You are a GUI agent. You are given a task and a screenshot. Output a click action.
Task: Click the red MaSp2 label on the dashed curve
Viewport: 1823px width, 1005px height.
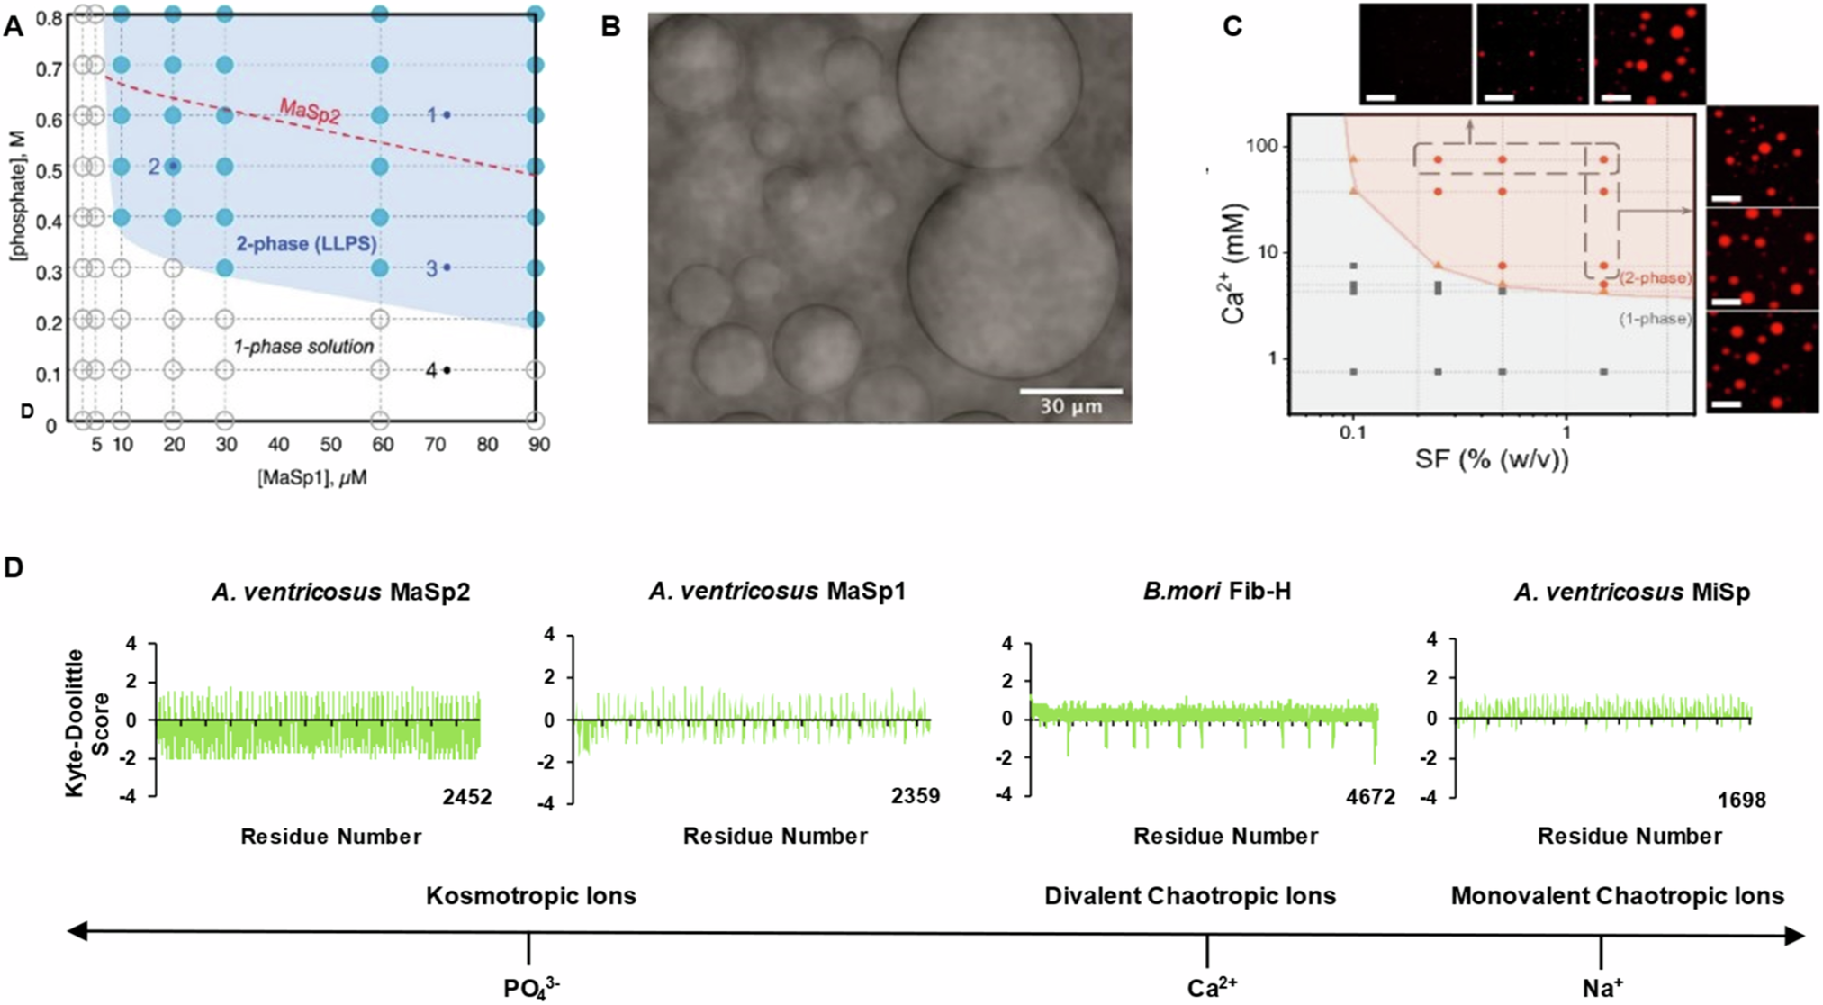point(310,113)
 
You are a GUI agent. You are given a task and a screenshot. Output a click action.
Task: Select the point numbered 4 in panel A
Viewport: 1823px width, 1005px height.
point(446,370)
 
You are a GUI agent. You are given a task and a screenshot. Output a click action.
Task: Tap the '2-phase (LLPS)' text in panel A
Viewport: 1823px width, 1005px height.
point(306,244)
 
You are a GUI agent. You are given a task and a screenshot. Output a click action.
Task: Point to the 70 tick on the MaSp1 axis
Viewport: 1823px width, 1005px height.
point(435,445)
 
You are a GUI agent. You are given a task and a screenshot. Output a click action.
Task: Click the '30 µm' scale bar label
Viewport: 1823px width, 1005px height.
point(1070,406)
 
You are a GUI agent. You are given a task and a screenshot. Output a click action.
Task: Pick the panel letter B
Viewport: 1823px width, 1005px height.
point(611,27)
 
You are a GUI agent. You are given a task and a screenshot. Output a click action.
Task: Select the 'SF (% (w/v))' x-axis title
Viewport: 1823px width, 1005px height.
point(1492,460)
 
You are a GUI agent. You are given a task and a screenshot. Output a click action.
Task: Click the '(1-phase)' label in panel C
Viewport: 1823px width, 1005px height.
point(1655,318)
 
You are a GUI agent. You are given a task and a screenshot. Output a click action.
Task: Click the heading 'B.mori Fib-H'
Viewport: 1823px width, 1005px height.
point(1216,592)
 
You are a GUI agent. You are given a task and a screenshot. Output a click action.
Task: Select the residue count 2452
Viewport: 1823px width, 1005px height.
point(466,796)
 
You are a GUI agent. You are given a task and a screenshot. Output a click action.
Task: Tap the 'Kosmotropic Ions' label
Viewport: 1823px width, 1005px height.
point(530,897)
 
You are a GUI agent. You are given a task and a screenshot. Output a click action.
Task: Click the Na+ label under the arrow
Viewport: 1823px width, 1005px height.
point(1602,989)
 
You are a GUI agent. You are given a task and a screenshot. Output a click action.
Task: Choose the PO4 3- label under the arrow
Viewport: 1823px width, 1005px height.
point(531,989)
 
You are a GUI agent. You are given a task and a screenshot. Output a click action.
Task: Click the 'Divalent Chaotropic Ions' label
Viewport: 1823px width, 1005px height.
point(1189,897)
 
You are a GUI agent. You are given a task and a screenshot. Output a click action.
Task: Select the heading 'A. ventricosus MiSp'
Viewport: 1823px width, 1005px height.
point(1631,592)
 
